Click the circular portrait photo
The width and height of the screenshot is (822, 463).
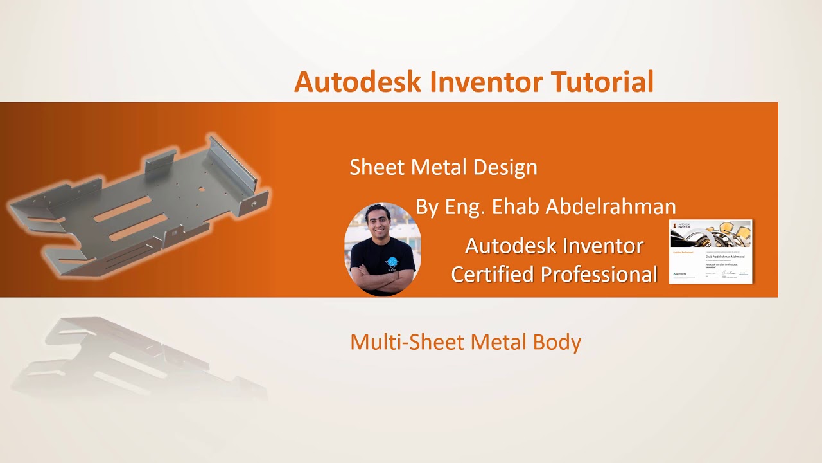point(383,250)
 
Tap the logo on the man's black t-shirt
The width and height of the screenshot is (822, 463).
point(392,263)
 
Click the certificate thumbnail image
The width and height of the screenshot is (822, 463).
point(710,251)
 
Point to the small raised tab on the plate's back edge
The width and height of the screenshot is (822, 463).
point(160,161)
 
